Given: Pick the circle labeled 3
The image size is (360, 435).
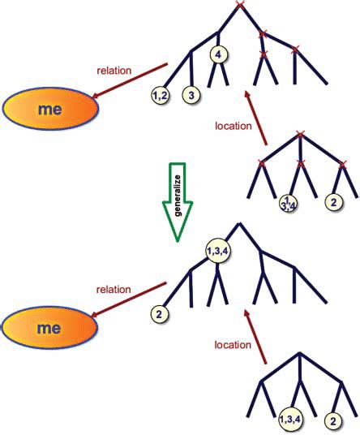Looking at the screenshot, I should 191,97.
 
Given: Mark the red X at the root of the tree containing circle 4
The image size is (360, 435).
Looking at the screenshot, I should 239,5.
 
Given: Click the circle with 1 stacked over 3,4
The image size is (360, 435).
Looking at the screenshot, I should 288,202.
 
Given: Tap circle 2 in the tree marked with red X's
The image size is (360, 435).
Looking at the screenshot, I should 332,200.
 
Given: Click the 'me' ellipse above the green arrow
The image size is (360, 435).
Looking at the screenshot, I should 48,107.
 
